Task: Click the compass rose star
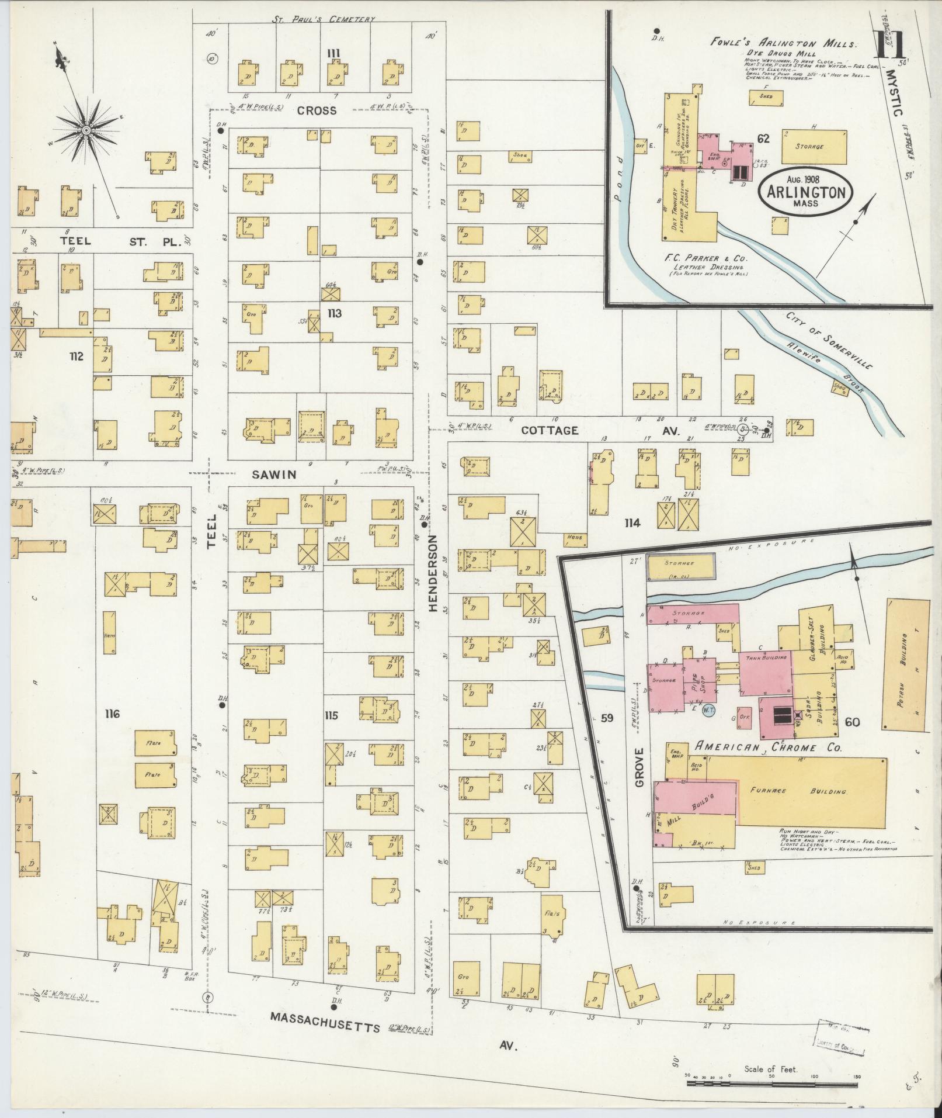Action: [x=86, y=130]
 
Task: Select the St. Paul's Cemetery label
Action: [x=323, y=19]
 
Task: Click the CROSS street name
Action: [x=316, y=110]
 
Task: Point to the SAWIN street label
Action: [x=274, y=475]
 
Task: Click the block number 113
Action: [x=334, y=314]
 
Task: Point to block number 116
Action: [x=112, y=714]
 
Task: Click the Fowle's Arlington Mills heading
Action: [x=783, y=43]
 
